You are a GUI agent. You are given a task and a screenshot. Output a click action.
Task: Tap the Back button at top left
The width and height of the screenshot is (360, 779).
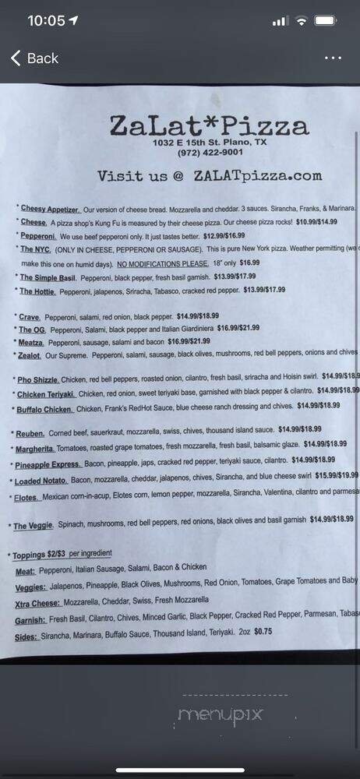[x=34, y=58]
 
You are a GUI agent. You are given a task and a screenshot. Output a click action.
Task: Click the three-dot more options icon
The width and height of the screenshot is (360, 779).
[x=333, y=58]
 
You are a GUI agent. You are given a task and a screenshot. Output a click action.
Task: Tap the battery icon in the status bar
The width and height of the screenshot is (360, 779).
[x=327, y=20]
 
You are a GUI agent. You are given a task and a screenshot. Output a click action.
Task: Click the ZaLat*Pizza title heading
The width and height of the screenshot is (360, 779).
[x=209, y=126]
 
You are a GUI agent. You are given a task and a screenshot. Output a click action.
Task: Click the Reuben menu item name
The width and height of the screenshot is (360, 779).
[x=34, y=432]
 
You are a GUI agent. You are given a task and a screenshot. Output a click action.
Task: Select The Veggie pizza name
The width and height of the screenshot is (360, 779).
[x=34, y=526]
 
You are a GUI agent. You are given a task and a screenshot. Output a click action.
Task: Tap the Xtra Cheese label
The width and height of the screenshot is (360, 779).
[x=38, y=603]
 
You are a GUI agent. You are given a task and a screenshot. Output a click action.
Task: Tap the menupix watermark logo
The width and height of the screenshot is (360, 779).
[x=220, y=714]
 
